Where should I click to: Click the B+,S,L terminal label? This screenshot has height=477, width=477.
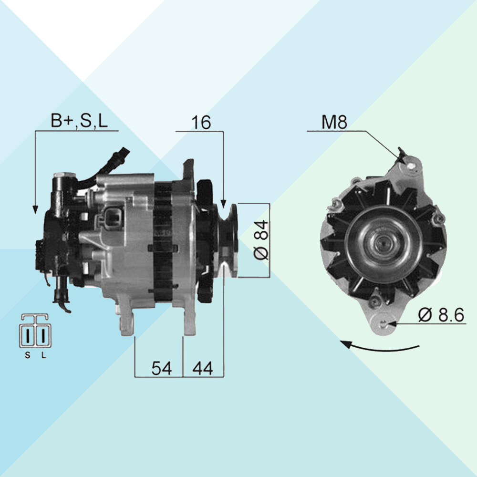click(x=79, y=121)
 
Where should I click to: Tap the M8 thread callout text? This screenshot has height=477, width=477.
click(x=334, y=122)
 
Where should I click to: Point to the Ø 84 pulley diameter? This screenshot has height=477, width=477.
click(x=261, y=240)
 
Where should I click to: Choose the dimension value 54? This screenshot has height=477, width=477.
click(x=162, y=368)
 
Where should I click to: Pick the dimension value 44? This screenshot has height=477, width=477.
click(x=203, y=368)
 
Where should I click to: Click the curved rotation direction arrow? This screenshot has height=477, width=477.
click(x=380, y=347)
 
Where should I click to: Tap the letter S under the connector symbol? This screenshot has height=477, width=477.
click(x=28, y=355)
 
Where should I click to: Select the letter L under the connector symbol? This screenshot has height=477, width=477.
click(x=44, y=355)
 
